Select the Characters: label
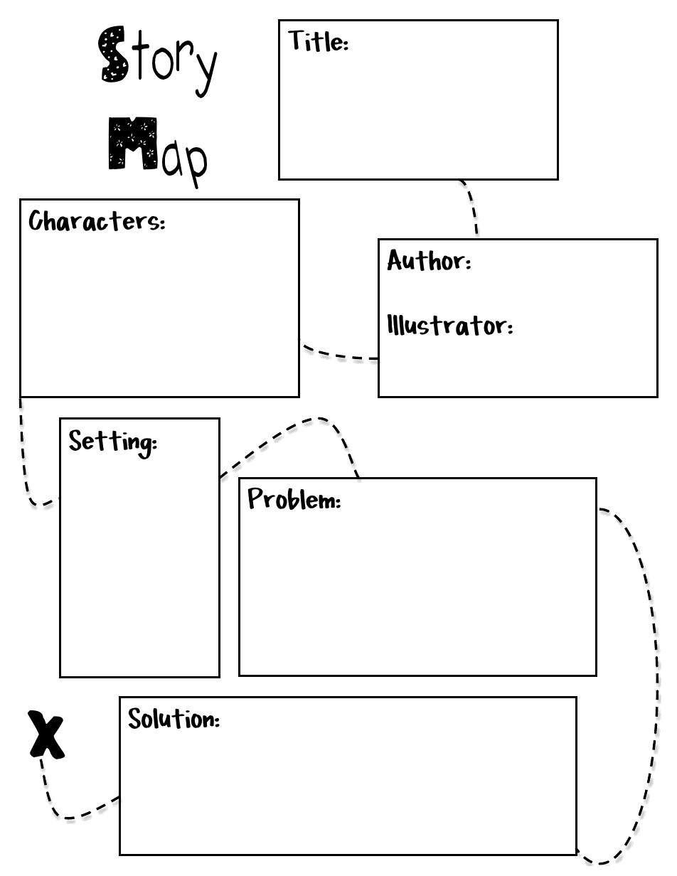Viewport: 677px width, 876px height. coord(97,221)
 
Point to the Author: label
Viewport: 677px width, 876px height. coord(429,261)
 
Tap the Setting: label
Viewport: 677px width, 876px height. coord(112,442)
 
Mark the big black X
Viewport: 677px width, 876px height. coord(46,734)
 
